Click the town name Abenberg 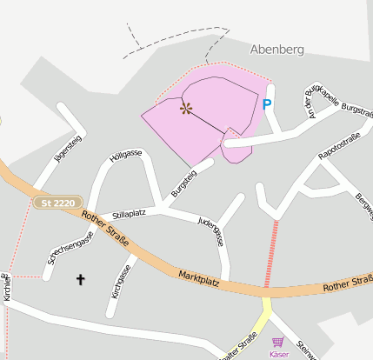[277, 50]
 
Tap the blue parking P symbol [267, 104]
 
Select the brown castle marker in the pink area [185, 108]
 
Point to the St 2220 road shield [58, 203]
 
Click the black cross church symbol [82, 279]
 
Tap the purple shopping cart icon [278, 343]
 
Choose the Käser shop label [278, 355]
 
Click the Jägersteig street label [67, 148]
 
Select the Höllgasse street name [126, 155]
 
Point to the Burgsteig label [183, 182]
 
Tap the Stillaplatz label [128, 212]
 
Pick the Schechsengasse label [70, 250]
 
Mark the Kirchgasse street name [120, 281]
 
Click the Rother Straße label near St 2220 [103, 224]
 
